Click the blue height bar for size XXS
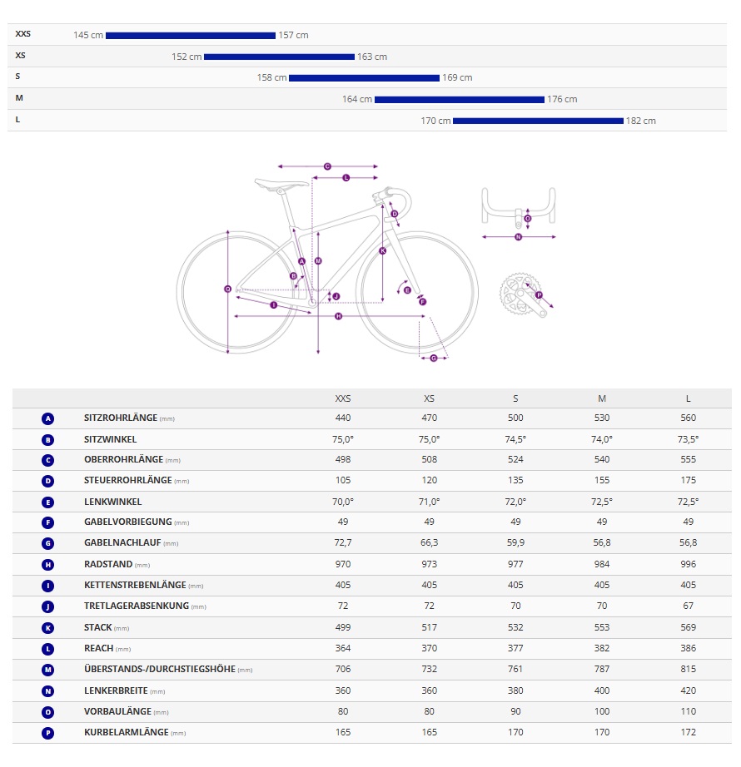(x=190, y=35)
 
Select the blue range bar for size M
(x=459, y=99)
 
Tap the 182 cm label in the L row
(x=641, y=121)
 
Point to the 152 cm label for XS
(x=186, y=57)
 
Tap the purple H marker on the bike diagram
(x=338, y=316)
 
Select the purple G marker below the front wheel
(x=433, y=358)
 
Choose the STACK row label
(x=97, y=627)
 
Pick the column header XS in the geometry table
(x=429, y=398)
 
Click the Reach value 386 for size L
(x=688, y=648)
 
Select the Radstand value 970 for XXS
(x=342, y=564)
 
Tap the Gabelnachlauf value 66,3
(x=429, y=543)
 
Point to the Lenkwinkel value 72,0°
(x=515, y=502)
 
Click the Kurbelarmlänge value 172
(x=688, y=732)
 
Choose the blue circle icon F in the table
(x=47, y=522)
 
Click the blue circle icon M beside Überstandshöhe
(x=47, y=669)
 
